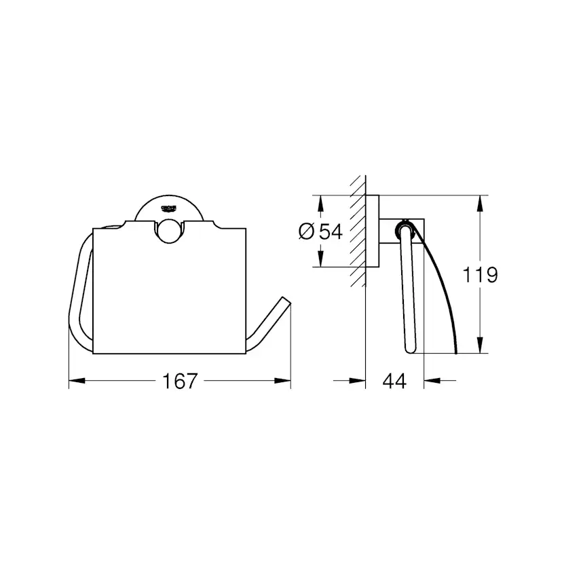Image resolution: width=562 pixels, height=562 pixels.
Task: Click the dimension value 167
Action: coord(181,381)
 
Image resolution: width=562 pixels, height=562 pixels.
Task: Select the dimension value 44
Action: coord(394,381)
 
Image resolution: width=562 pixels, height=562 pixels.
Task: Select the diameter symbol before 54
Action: coord(305,231)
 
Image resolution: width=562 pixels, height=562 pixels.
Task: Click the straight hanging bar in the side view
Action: coord(409,292)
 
